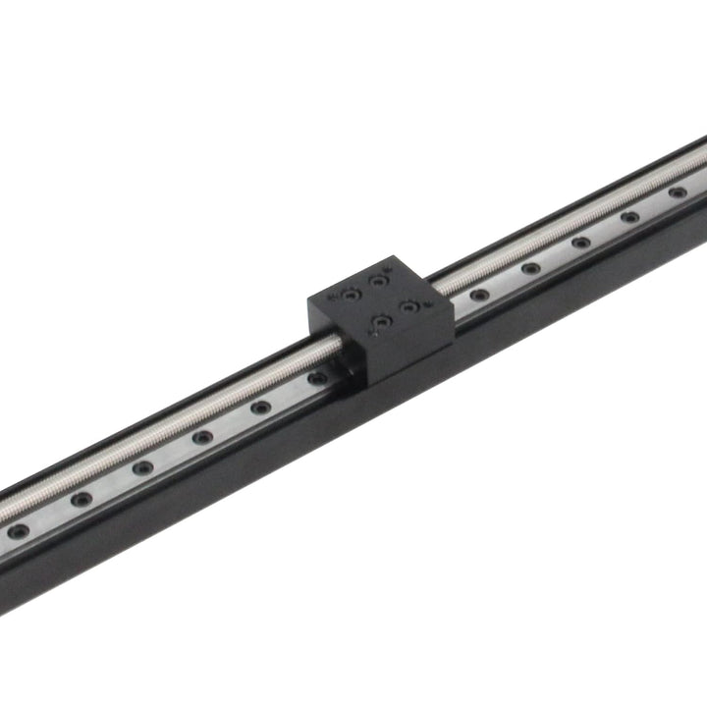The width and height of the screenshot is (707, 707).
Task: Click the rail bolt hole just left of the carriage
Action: pos(316,377)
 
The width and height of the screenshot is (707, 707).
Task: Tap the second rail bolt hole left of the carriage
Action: pos(260,407)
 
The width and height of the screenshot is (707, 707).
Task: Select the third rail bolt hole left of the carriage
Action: pos(202,437)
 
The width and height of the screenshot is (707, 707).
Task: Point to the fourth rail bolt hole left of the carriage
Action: pos(142,467)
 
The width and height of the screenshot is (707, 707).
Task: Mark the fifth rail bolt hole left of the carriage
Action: pos(82,499)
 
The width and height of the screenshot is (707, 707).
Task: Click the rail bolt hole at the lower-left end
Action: pos(19,531)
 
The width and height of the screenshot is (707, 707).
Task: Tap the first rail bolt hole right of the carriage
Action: pos(479,294)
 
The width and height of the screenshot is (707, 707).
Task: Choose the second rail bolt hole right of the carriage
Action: pos(531,267)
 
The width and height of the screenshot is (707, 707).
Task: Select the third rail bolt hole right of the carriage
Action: pos(581,242)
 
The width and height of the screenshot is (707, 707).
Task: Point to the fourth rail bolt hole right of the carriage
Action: pos(630,216)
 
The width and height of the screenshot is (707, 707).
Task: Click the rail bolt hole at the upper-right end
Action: pos(678,192)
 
